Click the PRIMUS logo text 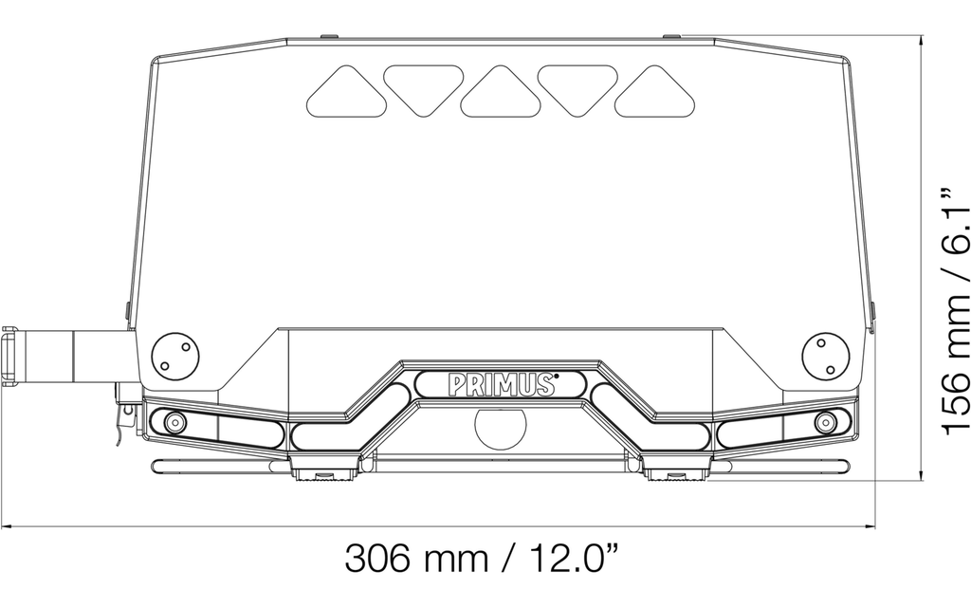[503, 384]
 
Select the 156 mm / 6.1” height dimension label [954, 309]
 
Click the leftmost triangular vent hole [346, 90]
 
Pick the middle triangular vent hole [501, 90]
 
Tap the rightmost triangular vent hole [655, 90]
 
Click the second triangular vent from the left [424, 90]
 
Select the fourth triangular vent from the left [577, 90]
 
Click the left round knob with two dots [175, 355]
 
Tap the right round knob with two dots [826, 355]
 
